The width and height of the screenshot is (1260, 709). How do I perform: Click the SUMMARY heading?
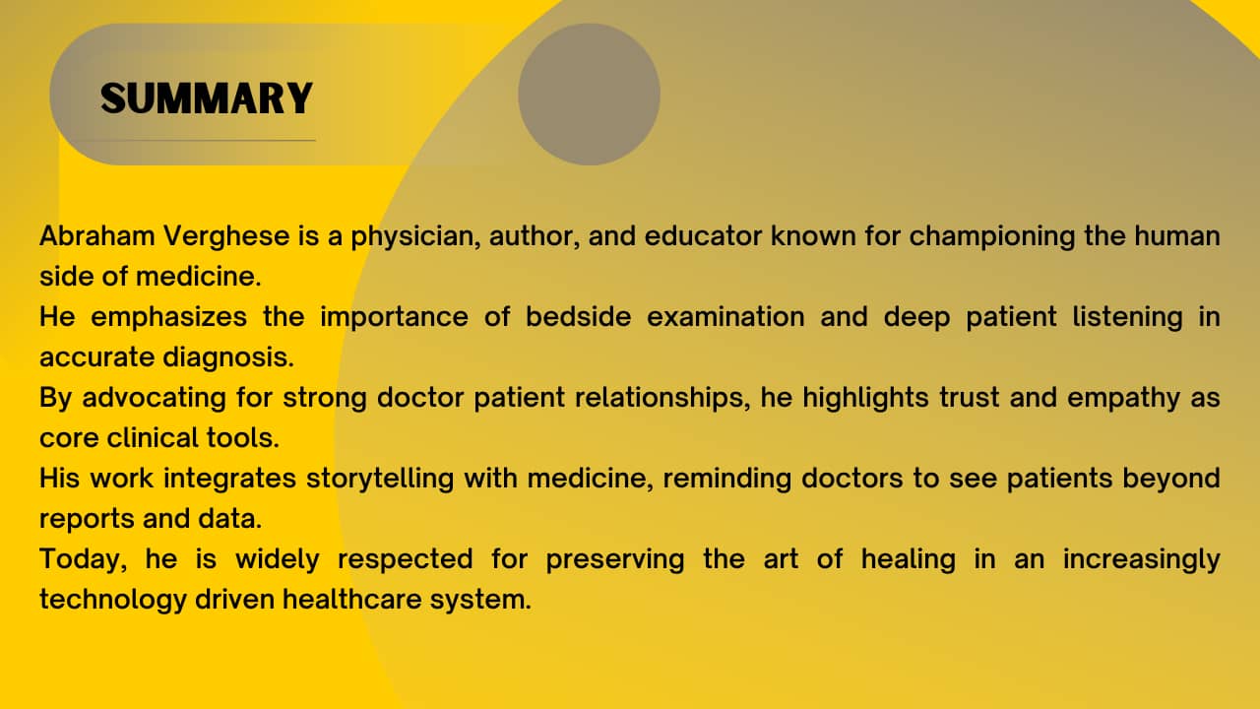point(207,98)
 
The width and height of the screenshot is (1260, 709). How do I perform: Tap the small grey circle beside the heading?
point(589,94)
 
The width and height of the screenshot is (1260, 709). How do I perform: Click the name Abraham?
point(96,235)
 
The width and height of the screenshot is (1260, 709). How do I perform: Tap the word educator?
point(703,235)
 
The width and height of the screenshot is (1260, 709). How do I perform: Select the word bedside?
point(578,316)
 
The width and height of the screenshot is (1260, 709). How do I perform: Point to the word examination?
point(725,316)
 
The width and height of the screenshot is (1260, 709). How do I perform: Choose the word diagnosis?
point(228,358)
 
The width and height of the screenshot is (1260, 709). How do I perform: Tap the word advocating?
point(155,399)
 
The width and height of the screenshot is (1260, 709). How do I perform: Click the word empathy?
point(1123,399)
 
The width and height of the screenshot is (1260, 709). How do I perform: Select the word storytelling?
point(380,480)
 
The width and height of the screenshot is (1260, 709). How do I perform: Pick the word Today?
point(84,560)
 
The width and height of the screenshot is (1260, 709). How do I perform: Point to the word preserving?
point(615,560)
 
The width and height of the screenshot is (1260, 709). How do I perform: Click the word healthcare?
point(351,599)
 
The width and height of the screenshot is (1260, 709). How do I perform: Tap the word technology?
point(113,601)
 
